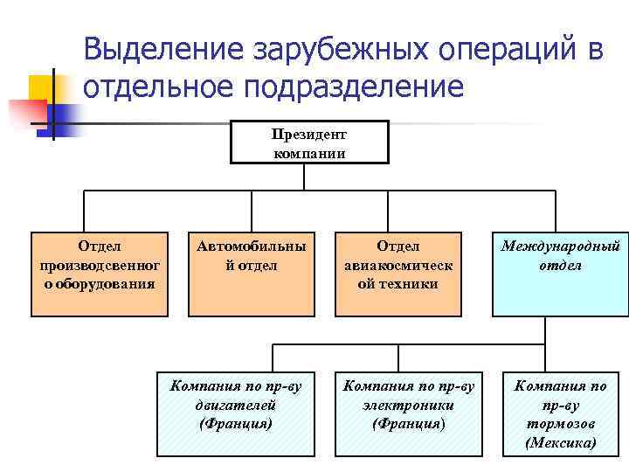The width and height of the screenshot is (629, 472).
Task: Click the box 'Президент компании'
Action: click(308, 142)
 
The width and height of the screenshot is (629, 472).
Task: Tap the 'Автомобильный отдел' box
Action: click(252, 274)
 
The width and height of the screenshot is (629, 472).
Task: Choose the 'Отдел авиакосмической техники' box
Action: click(398, 274)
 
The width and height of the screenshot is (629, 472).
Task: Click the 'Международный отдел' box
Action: click(560, 274)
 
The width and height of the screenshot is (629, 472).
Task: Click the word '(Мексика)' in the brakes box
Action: click(561, 443)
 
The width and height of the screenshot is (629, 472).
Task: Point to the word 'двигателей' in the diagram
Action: click(236, 405)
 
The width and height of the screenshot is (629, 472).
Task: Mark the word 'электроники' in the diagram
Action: click(408, 405)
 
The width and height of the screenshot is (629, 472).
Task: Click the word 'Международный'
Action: click(560, 246)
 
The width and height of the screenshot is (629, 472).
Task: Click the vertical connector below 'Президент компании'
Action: click(304, 177)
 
